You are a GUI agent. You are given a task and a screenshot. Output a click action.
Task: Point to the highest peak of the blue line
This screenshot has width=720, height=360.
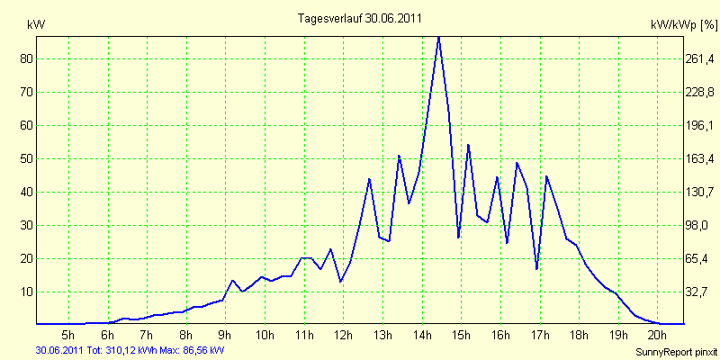(438, 37)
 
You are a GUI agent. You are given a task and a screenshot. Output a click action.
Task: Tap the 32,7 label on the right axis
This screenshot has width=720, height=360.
(702, 292)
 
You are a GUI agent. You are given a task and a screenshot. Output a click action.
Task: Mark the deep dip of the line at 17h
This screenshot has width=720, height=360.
(536, 269)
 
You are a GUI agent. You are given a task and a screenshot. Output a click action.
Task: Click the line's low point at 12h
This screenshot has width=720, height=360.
(340, 282)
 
